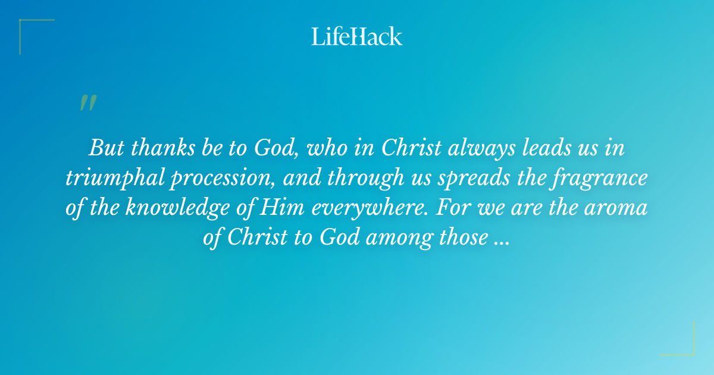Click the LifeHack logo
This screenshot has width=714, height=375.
point(357,36)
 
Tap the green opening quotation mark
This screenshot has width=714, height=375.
point(88,103)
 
